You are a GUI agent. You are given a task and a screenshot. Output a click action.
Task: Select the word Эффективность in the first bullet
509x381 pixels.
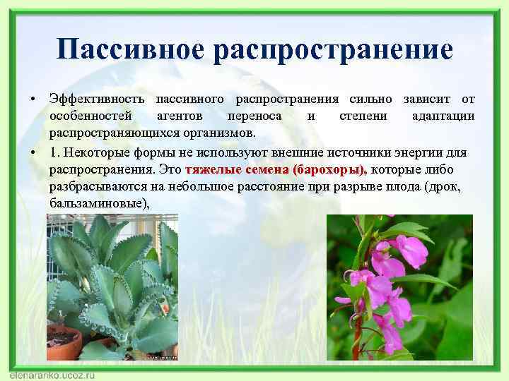(x=97, y=98)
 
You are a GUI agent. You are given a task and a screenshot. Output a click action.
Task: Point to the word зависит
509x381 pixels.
(x=428, y=98)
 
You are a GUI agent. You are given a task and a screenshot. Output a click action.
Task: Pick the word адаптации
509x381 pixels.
(x=443, y=116)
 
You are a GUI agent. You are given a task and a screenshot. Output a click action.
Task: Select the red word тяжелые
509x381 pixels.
(x=209, y=170)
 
